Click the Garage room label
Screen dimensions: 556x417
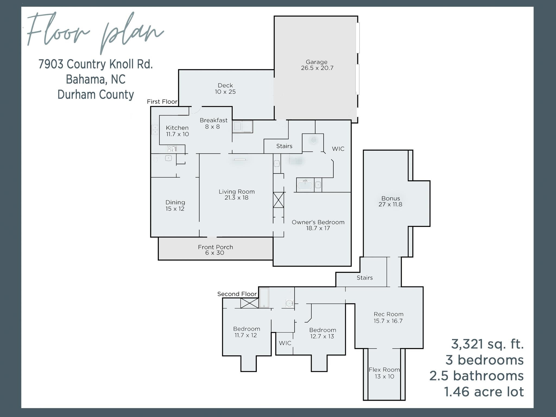[x=317, y=62]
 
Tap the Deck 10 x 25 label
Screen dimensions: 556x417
[x=225, y=89]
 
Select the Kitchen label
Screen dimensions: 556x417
[x=177, y=128]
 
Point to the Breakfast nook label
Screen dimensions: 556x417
[x=214, y=120]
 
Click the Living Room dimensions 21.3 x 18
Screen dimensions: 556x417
[x=236, y=198]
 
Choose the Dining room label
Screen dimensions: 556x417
[x=175, y=202]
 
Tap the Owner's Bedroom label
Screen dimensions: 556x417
[x=318, y=222]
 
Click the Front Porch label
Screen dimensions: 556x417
[x=216, y=247]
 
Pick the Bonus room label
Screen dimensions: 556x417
[x=391, y=198]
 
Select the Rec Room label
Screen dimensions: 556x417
[x=388, y=314]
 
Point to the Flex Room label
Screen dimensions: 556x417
[x=384, y=370]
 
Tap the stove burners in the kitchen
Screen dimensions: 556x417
[x=172, y=149]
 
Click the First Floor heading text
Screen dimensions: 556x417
[x=162, y=102]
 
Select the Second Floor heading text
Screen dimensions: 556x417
[x=237, y=294]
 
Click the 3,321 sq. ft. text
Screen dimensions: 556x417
[x=487, y=344]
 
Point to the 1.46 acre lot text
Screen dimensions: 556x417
[x=484, y=392]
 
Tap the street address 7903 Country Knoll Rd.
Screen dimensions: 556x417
[x=96, y=64]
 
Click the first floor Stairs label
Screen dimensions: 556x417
[x=284, y=146]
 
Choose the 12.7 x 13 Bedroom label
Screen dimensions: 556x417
[x=323, y=333]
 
